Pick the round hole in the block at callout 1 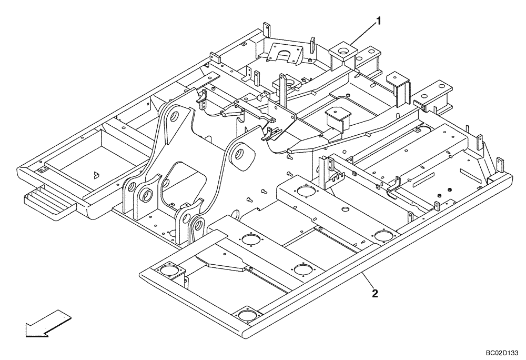(x=342, y=51)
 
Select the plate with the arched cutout (x=284, y=52)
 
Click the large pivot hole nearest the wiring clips (x=239, y=154)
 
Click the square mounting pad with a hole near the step (x=41, y=170)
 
